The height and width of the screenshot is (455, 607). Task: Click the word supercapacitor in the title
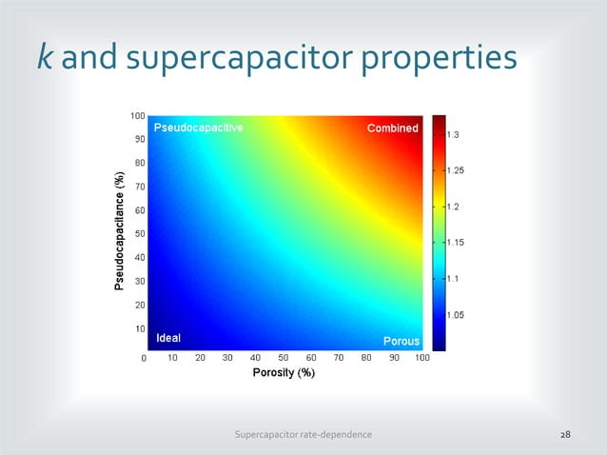pyautogui.click(x=234, y=61)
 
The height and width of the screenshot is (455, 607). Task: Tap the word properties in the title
pyautogui.click(x=442, y=61)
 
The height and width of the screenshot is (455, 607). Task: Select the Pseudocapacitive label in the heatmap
pyautogui.click(x=199, y=128)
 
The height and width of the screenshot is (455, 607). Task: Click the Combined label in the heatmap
pyautogui.click(x=392, y=129)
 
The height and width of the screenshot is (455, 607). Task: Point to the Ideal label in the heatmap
pyautogui.click(x=167, y=338)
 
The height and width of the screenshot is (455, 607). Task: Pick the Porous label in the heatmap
pyautogui.click(x=401, y=341)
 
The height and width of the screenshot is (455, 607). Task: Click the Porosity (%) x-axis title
pyautogui.click(x=284, y=373)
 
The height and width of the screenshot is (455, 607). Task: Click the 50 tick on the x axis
pyautogui.click(x=284, y=359)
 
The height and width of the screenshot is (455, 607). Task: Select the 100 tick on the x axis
pyautogui.click(x=421, y=359)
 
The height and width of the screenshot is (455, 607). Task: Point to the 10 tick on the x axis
pyautogui.click(x=173, y=359)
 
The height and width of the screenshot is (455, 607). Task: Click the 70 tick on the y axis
pyautogui.click(x=139, y=187)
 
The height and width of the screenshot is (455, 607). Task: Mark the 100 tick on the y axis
pyautogui.click(x=137, y=115)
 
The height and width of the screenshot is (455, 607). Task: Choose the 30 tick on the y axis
pyautogui.click(x=139, y=281)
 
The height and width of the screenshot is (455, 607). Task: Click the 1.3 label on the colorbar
pyautogui.click(x=454, y=135)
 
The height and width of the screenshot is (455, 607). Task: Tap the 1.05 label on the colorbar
pyautogui.click(x=457, y=315)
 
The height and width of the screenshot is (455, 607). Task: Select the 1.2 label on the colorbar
pyautogui.click(x=454, y=207)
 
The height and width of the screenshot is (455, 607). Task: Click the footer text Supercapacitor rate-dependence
pyautogui.click(x=303, y=434)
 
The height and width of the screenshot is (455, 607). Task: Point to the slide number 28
pyautogui.click(x=565, y=434)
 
